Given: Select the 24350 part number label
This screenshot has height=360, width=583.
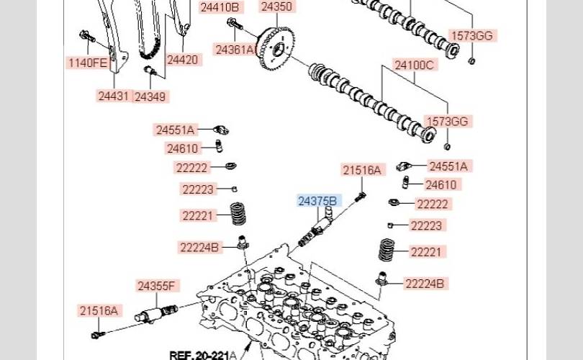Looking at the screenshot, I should (x=276, y=7).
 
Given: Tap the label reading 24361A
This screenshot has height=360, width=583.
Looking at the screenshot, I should (x=235, y=49).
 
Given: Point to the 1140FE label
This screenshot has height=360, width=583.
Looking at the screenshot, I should (x=88, y=63).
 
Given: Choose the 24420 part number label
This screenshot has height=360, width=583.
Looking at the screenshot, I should (x=182, y=60).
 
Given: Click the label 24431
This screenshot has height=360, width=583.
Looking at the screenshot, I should (x=114, y=95).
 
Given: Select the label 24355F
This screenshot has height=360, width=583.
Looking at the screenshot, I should (x=156, y=286).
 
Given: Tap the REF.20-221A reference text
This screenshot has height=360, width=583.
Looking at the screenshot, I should (x=202, y=354).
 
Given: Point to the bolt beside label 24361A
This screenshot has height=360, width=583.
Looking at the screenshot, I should (x=235, y=25).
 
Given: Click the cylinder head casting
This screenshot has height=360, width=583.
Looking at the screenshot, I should (x=302, y=310).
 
